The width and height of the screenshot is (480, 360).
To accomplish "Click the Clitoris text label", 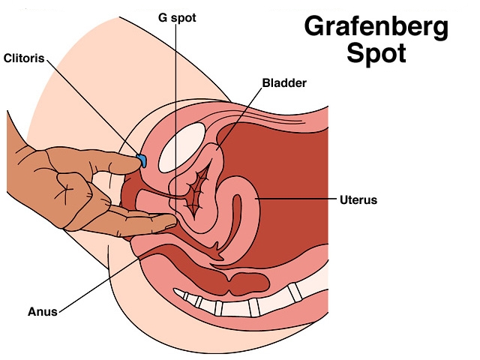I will coord(23,58).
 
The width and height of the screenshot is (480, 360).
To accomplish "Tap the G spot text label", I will coord(177,16).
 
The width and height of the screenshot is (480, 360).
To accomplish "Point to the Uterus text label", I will coord(358,200).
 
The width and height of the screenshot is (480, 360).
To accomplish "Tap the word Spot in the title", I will coord(376,54).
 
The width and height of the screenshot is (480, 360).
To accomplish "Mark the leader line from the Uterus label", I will coord(292,200).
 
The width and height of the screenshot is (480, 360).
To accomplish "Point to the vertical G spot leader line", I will coord(175,112).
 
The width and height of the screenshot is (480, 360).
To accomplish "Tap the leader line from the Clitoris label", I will coord(90,105).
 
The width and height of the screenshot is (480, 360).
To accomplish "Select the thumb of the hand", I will coord(112,163).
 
